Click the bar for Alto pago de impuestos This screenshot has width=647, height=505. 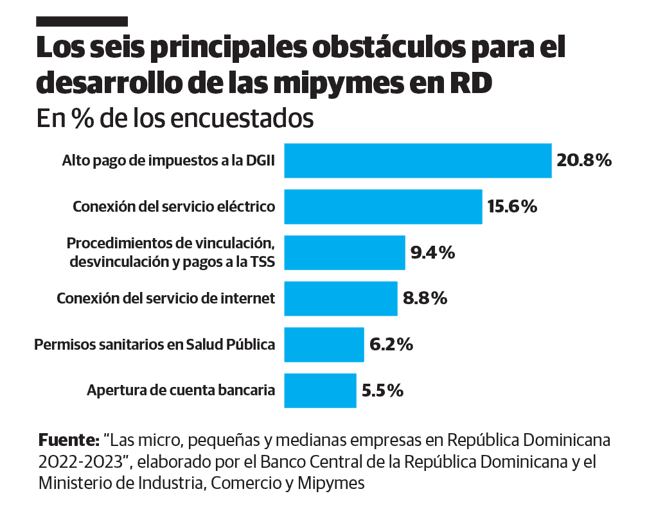tap(418, 160)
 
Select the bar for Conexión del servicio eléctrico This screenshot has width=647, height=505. tap(383, 207)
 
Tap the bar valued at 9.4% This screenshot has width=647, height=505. tap(344, 253)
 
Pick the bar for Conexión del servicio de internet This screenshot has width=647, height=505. tap(341, 298)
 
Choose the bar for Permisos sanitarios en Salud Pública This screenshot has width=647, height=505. tap(324, 345)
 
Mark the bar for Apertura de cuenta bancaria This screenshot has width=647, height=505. tap(320, 390)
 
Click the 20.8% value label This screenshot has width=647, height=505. tap(583, 160)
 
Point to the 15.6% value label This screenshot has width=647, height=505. tap(511, 207)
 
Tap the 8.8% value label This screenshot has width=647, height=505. tap(424, 298)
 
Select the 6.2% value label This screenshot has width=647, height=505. tap(391, 345)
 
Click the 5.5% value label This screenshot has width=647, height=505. tap(382, 390)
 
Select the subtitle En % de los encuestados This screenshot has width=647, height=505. tap(175, 119)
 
